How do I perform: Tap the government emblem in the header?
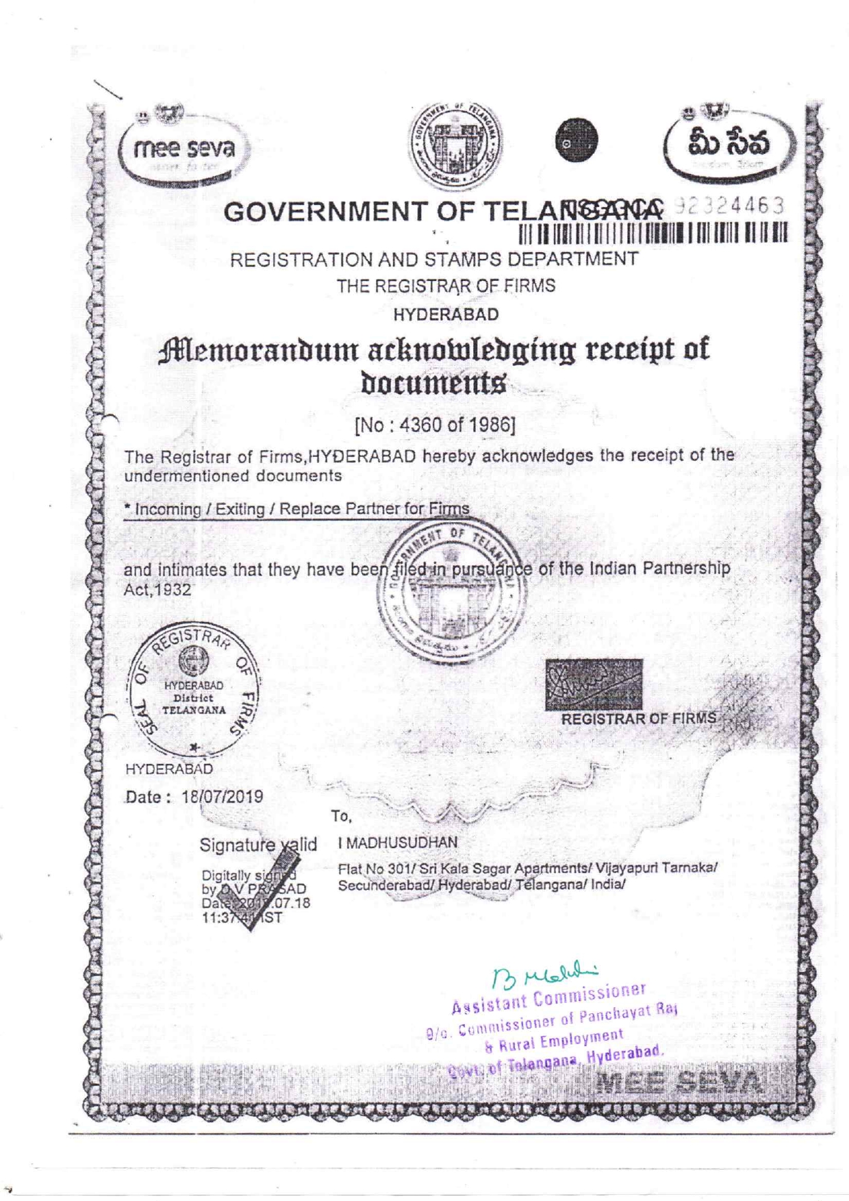coord(455,144)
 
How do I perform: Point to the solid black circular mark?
coord(576,140)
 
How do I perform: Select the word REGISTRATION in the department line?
coord(301,260)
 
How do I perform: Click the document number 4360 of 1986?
coord(435,425)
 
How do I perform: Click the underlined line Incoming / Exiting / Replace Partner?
coord(296,510)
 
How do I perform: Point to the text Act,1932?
coord(157,590)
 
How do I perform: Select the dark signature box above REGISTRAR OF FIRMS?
coord(594,684)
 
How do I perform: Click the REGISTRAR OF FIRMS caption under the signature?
coord(638,719)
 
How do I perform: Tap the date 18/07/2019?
coord(222,797)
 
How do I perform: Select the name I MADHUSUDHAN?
coord(398,843)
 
